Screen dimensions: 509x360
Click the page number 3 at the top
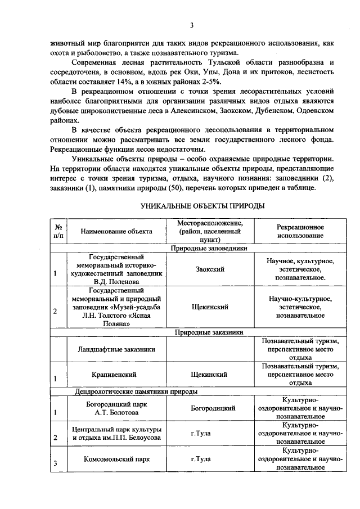[x=191, y=25]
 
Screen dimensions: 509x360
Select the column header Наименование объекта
[x=116, y=231]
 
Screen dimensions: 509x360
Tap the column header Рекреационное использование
[x=300, y=231]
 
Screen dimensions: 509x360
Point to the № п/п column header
[x=57, y=231]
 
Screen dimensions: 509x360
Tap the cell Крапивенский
[x=116, y=373]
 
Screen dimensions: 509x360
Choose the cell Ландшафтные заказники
[x=116, y=349]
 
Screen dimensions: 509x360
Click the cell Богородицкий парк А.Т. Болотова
[x=116, y=408]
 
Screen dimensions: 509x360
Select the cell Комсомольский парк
[x=116, y=460]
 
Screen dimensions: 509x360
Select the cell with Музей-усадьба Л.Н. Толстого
[x=116, y=309]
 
